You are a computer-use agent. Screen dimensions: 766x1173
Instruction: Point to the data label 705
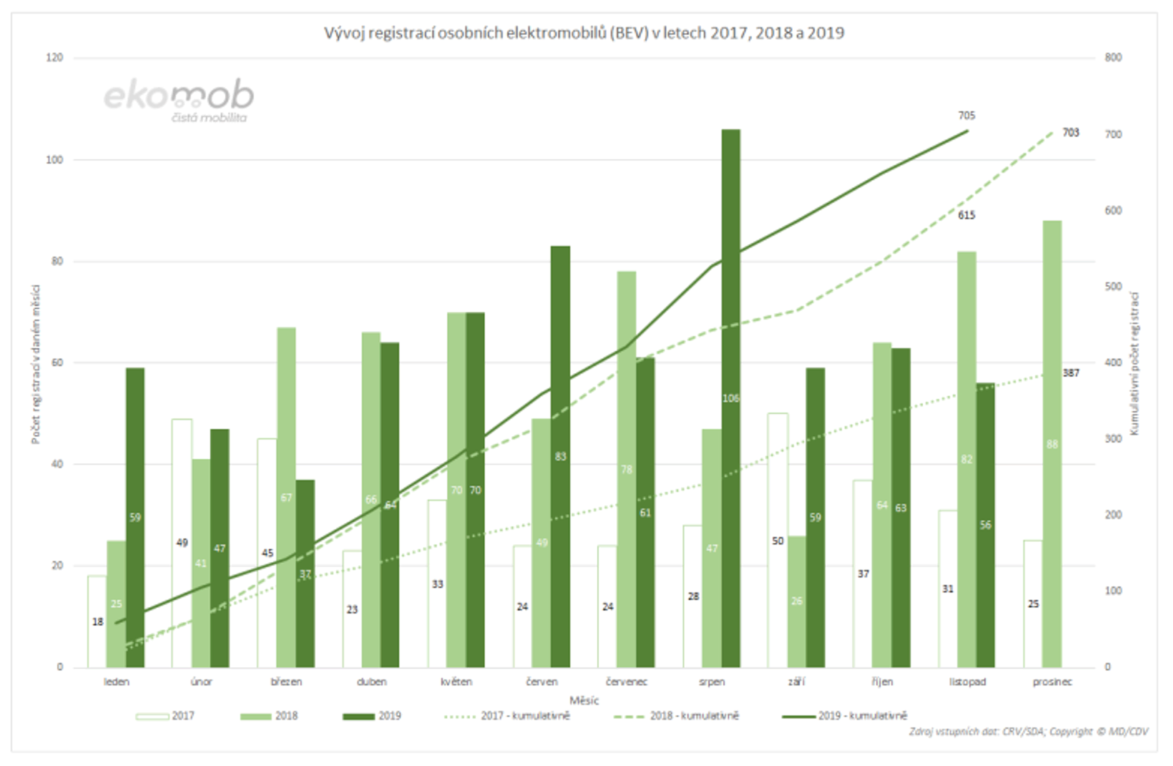pos(966,116)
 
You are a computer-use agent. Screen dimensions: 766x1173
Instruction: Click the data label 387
pos(1071,373)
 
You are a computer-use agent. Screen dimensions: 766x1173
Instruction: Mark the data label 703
pos(1070,132)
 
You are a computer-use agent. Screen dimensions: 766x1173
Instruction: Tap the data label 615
pos(966,215)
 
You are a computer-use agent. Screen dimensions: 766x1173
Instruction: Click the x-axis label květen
pos(456,682)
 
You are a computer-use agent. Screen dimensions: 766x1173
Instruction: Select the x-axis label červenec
pos(627,682)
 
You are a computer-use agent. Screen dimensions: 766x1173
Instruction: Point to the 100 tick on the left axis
pos(54,160)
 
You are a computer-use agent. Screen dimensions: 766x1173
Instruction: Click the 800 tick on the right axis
pos(1113,58)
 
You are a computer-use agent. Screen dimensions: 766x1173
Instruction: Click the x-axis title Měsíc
pos(584,700)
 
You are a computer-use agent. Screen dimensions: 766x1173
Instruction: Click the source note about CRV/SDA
pos(1028,731)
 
